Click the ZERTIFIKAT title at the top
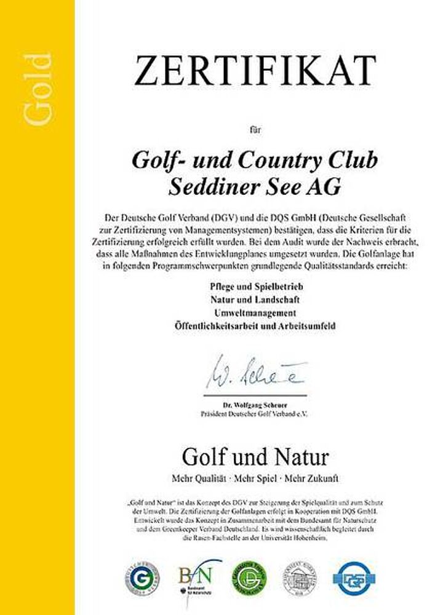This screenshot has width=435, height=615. [255, 70]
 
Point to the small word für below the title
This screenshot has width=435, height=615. [255, 129]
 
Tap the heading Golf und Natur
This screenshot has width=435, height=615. [255, 457]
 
